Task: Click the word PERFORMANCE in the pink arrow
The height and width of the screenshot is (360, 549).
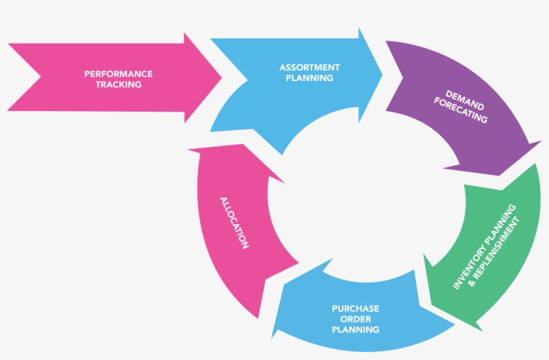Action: coord(119,74)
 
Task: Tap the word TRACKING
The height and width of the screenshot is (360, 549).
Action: coord(119,85)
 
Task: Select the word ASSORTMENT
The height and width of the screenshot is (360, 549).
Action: coord(309,68)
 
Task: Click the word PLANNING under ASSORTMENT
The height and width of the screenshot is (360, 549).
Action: coord(309,78)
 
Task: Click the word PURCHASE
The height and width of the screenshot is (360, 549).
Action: coord(356,308)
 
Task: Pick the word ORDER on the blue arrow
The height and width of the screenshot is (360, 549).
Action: coord(356,319)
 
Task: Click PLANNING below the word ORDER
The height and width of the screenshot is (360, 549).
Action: coord(356,330)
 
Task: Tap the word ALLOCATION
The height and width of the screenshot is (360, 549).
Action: coord(234,223)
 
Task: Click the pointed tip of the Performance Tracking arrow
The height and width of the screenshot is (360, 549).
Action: coord(221,76)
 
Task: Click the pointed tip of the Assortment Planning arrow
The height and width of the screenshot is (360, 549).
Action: coord(382,74)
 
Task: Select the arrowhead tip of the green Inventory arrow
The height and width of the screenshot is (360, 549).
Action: coord(481,330)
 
